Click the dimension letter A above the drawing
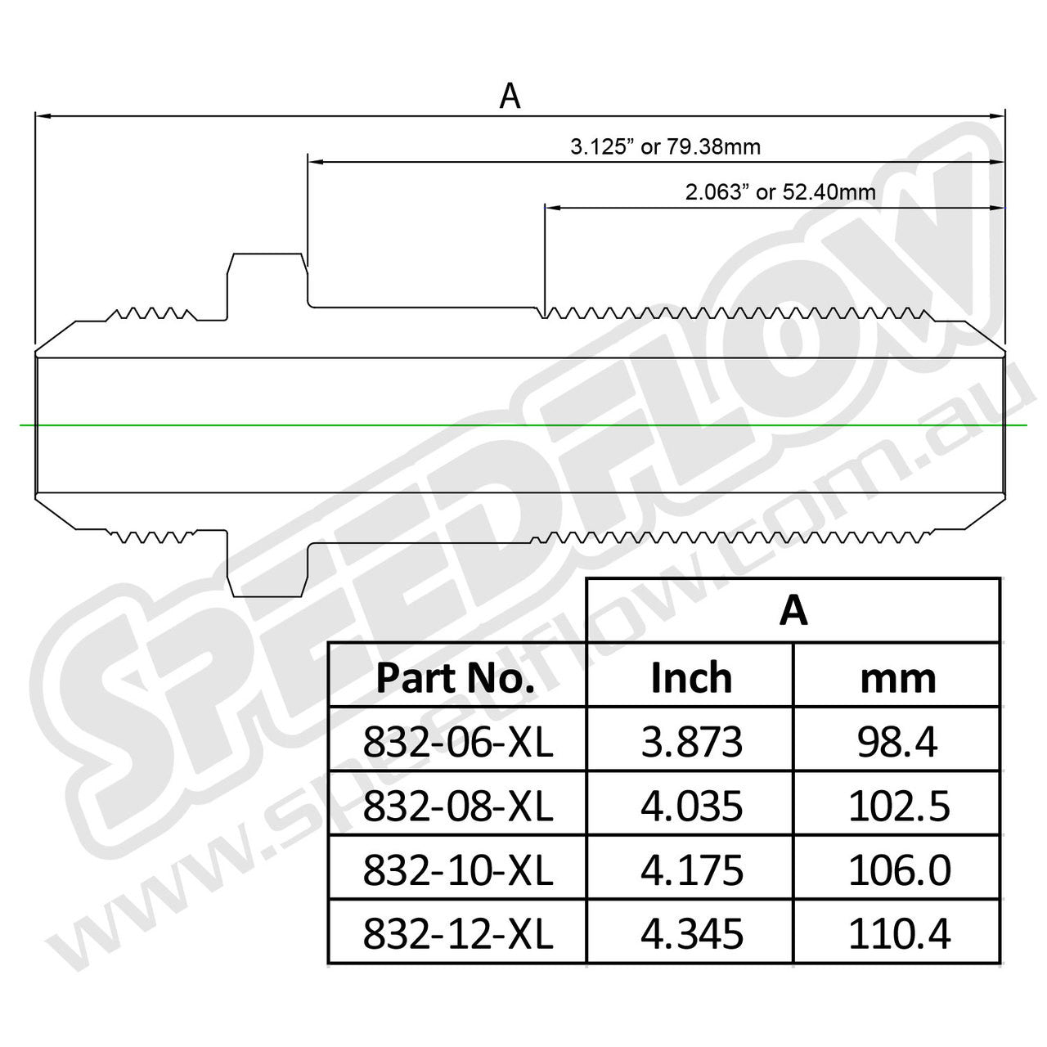510,97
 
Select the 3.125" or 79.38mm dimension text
665,147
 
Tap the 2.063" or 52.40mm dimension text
780,192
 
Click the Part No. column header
456,678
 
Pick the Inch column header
691,678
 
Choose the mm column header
897,678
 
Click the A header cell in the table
793,610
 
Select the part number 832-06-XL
457,742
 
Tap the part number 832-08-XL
457,807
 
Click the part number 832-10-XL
457,870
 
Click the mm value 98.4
898,742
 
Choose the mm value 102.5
898,807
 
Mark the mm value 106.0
898,870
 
